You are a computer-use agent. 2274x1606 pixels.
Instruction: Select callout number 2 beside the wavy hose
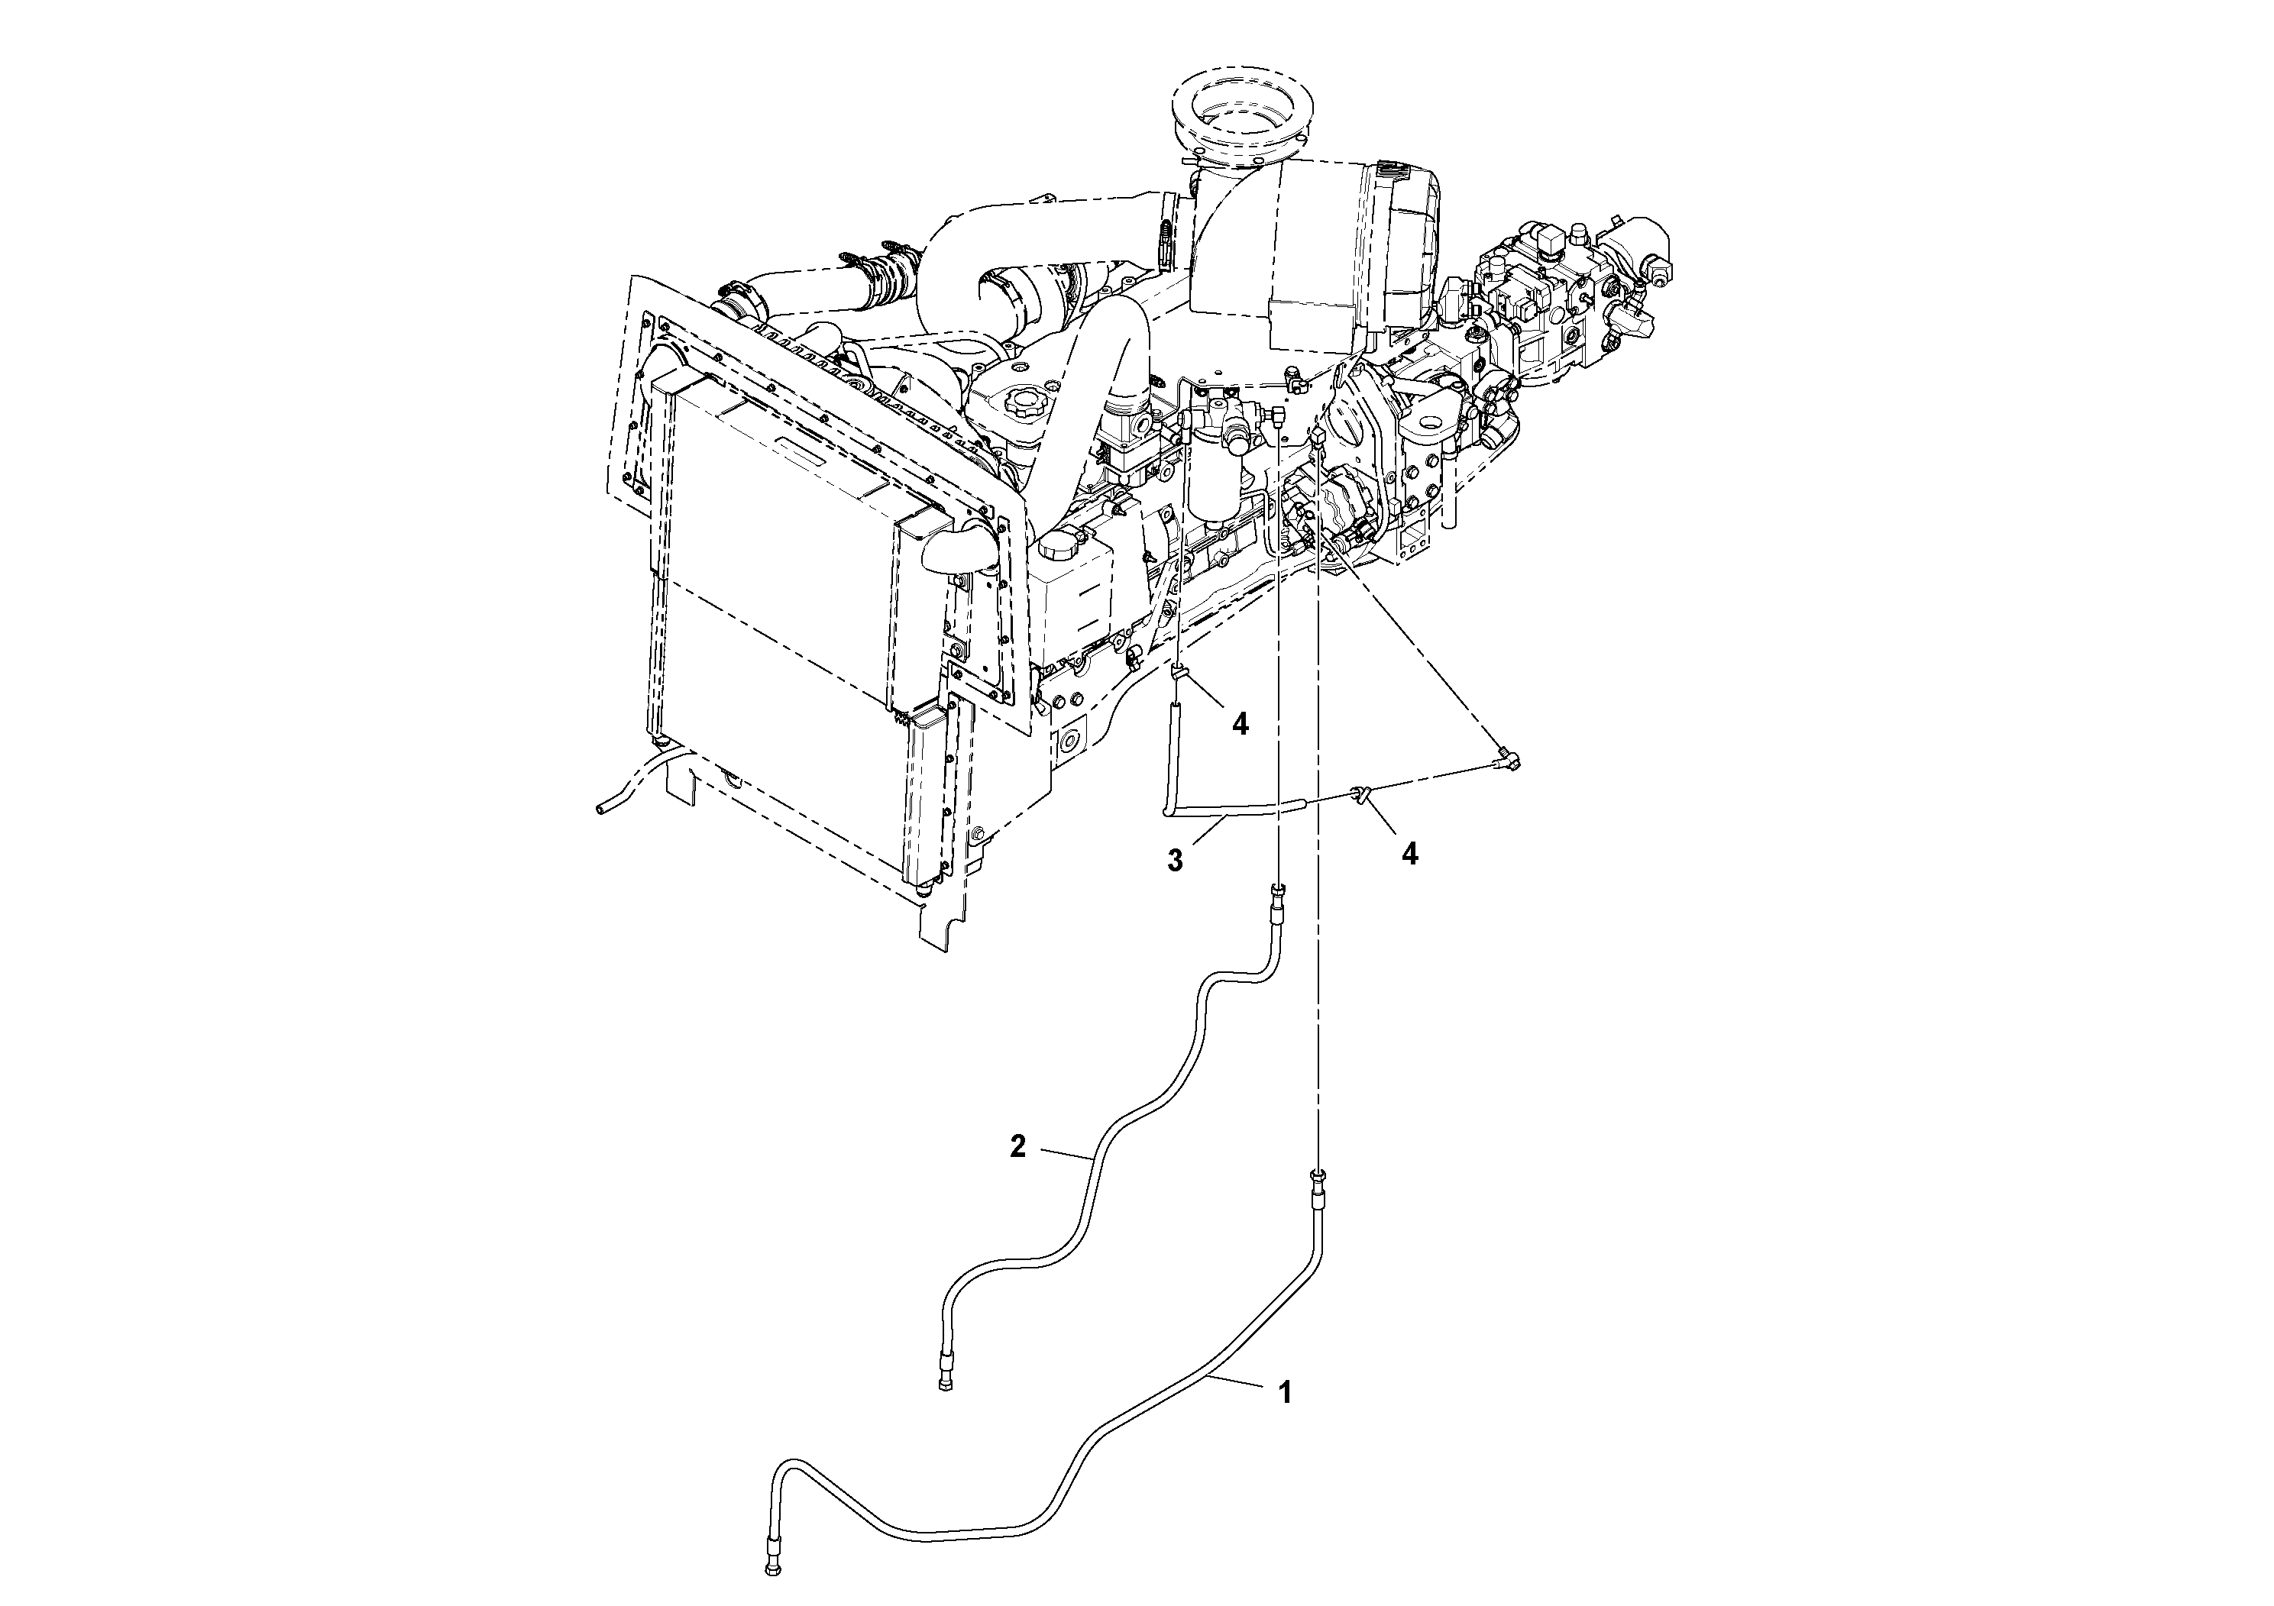click(x=1017, y=1146)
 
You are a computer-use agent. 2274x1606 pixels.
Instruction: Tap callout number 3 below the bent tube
click(x=1175, y=861)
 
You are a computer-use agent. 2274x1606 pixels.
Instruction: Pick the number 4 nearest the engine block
click(x=1240, y=725)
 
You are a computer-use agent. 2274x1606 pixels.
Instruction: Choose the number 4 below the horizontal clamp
click(x=1409, y=854)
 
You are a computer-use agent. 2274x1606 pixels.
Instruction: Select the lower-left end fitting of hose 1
click(x=771, y=1572)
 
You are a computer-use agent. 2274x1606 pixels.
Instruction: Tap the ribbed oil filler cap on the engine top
click(x=1018, y=404)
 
